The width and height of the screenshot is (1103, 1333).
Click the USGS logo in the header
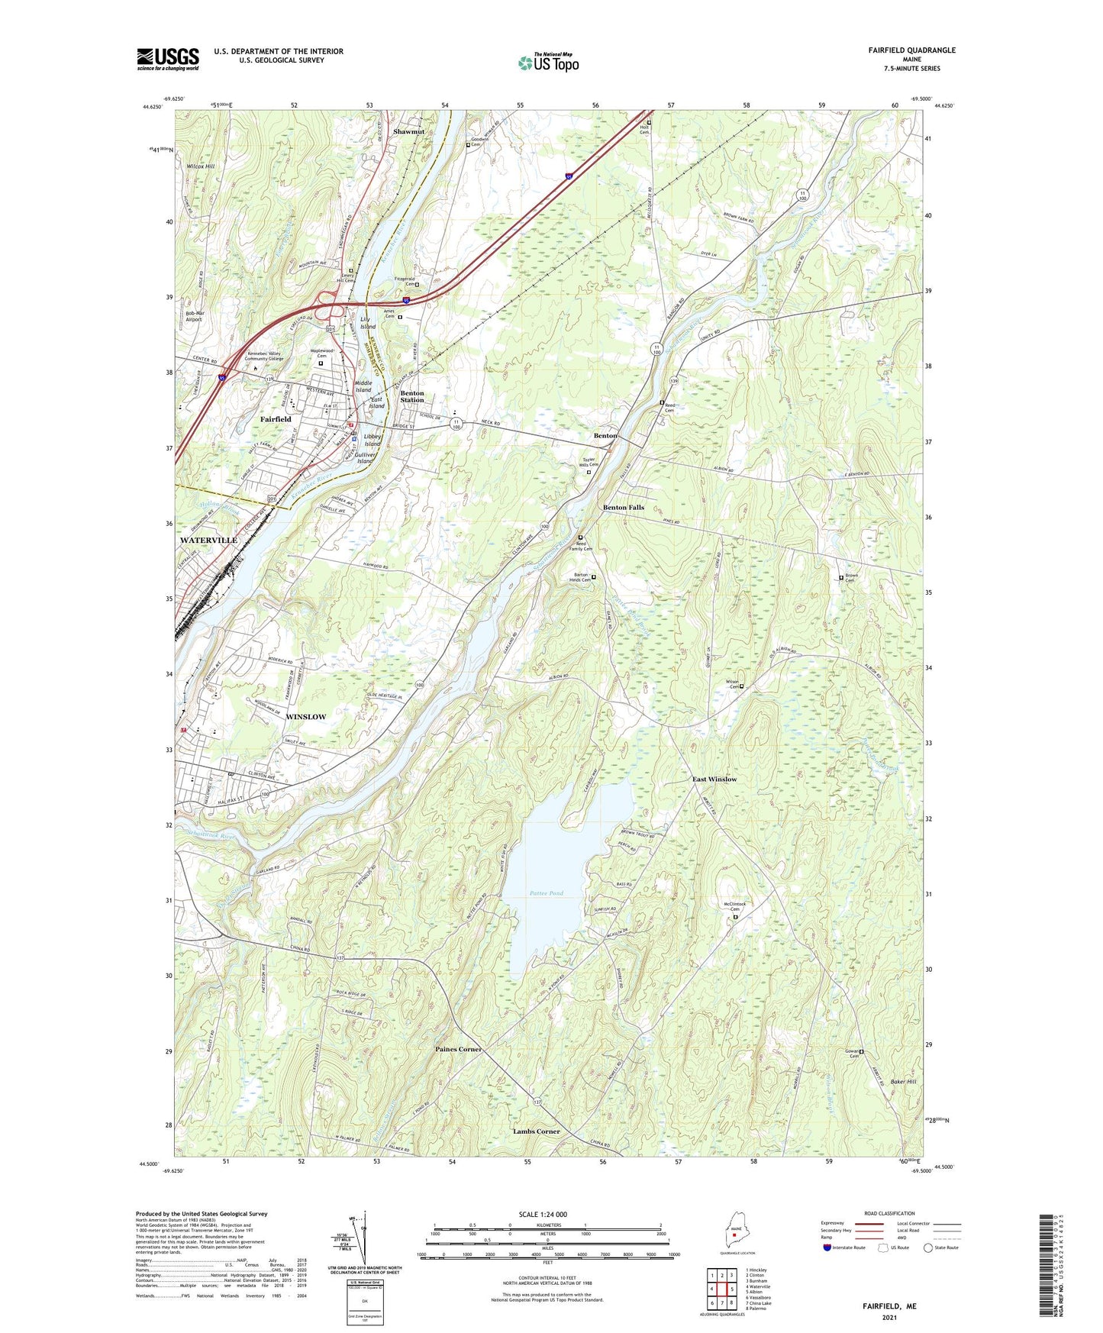pyautogui.click(x=167, y=59)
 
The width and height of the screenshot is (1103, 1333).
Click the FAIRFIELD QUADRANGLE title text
pyautogui.click(x=911, y=50)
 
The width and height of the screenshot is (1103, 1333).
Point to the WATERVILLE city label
pyautogui.click(x=208, y=540)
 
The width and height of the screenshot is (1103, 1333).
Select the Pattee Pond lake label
pyautogui.click(x=547, y=892)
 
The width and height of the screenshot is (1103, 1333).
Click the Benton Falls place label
pyautogui.click(x=624, y=507)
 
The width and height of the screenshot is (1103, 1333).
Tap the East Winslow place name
pyautogui.click(x=714, y=779)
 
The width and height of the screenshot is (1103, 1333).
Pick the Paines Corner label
pyautogui.click(x=458, y=1049)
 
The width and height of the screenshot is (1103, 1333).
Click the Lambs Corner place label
pyautogui.click(x=536, y=1131)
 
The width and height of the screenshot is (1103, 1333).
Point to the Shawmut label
pyautogui.click(x=408, y=131)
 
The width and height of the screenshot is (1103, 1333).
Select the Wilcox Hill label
pyautogui.click(x=201, y=166)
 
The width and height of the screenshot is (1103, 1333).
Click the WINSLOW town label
pyautogui.click(x=305, y=717)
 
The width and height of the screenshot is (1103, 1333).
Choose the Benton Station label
pyautogui.click(x=412, y=396)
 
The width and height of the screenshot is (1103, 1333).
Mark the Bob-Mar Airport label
pyautogui.click(x=195, y=316)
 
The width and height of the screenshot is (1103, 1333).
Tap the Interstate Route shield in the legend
pyautogui.click(x=827, y=1247)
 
